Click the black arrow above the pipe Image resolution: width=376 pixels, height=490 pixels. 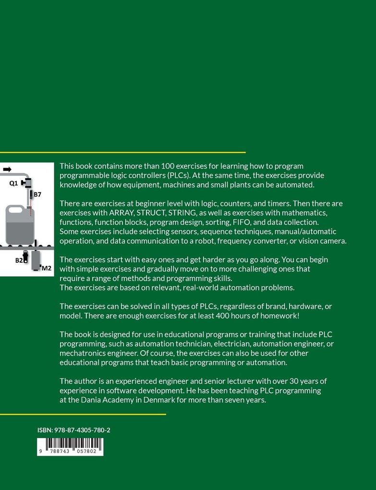[x=7, y=170]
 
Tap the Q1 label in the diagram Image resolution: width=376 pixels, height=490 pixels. [x=13, y=183]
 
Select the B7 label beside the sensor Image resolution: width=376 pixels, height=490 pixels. [x=37, y=195]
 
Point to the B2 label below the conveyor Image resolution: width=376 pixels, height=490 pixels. [x=19, y=260]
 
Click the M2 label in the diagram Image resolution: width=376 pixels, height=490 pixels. [x=47, y=268]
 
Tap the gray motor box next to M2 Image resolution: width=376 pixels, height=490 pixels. [x=36, y=260]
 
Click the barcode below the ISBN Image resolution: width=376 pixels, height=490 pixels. [x=70, y=446]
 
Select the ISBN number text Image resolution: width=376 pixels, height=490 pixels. [x=73, y=430]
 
